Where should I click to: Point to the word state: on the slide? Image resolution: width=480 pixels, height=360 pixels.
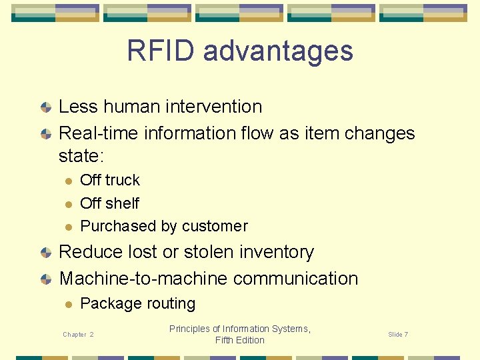coord(83,156)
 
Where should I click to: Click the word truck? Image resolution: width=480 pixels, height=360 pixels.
coord(122,180)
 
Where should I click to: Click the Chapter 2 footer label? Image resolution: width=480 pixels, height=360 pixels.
coord(78,335)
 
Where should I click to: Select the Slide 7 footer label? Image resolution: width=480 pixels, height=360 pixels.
coord(398,335)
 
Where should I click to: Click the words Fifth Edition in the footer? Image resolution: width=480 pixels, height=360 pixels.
coord(240,340)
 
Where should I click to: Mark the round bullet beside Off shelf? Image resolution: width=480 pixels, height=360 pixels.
coord(67,203)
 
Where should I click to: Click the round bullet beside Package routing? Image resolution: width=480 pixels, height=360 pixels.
coord(67,304)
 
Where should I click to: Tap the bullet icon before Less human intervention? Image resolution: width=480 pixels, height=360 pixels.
coord(45,107)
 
